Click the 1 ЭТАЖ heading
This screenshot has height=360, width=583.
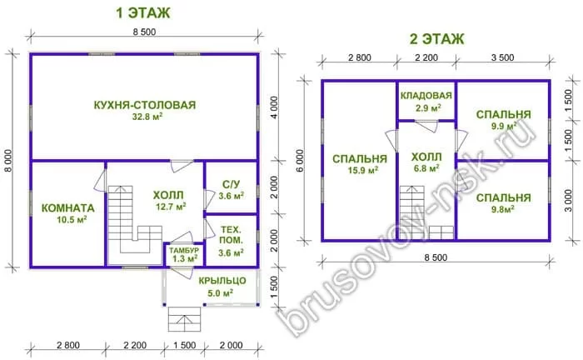(142, 13)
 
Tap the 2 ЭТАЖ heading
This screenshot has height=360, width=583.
(437, 38)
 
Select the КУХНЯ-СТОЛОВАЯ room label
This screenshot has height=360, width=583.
(145, 105)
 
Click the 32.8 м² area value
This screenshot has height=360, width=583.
(147, 117)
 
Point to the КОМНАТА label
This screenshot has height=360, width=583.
(68, 207)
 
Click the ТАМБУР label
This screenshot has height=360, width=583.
(184, 250)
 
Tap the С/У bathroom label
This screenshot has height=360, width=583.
(232, 184)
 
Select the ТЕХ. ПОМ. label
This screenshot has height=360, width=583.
(232, 235)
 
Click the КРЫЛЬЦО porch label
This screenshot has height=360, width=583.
(222, 280)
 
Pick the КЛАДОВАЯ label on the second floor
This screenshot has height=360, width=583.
(426, 96)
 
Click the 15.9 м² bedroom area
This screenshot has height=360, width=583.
(363, 171)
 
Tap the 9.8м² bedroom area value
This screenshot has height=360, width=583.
(503, 209)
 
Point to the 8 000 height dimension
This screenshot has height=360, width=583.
(8, 161)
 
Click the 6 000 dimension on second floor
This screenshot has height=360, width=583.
(300, 161)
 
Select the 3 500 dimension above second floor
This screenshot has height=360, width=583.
(503, 57)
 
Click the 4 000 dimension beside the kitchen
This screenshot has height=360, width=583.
(274, 107)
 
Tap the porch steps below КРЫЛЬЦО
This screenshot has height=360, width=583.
(184, 319)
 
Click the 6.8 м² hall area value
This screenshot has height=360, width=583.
(426, 168)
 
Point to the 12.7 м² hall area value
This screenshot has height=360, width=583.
(171, 207)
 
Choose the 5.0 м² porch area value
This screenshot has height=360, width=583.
(221, 293)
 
